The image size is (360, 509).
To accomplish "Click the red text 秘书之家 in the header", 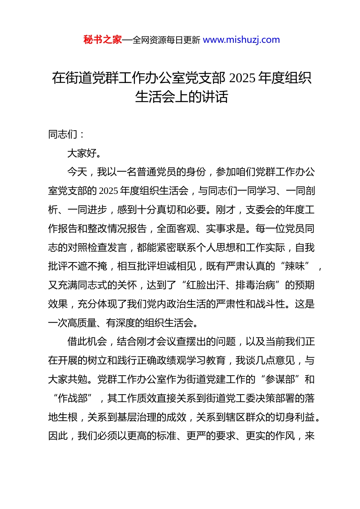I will point(103,40).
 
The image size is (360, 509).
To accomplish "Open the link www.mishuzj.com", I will point(241,40).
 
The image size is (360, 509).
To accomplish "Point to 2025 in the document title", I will point(242,78).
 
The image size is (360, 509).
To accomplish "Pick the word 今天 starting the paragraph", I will point(77,172).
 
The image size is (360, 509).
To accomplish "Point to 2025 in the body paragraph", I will point(108,191).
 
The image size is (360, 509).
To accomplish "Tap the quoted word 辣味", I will point(295,266).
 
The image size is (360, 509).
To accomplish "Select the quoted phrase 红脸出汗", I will point(206,285).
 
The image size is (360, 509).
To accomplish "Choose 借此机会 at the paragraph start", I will point(87,342).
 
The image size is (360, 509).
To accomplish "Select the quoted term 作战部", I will point(73,398).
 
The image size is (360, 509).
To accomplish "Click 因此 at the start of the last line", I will point(58,436).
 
